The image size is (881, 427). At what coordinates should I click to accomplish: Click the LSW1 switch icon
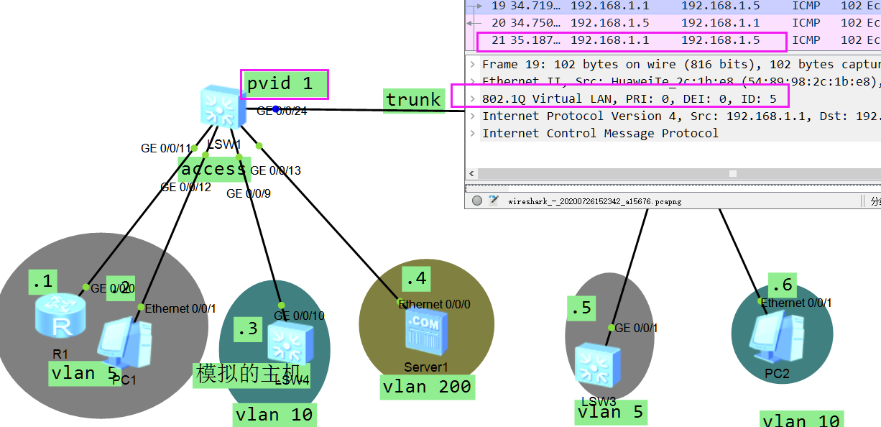pyautogui.click(x=221, y=106)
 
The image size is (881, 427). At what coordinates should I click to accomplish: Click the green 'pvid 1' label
pyautogui.click(x=284, y=84)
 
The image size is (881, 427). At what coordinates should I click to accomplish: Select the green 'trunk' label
pyautogui.click(x=413, y=99)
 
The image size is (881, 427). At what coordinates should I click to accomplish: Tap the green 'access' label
pyautogui.click(x=213, y=169)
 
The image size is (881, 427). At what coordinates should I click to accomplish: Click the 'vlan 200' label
pyautogui.click(x=427, y=387)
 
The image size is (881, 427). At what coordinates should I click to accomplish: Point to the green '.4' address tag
pyautogui.click(x=415, y=277)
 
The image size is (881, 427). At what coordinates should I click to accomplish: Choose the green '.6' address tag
pyautogui.click(x=781, y=285)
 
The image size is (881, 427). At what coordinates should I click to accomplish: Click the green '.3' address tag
pyautogui.click(x=247, y=329)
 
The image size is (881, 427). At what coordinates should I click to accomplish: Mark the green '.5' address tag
pyautogui.click(x=581, y=308)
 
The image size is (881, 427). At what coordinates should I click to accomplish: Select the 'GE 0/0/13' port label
pyautogui.click(x=276, y=170)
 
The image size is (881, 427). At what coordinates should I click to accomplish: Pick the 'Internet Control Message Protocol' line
pyautogui.click(x=600, y=133)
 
